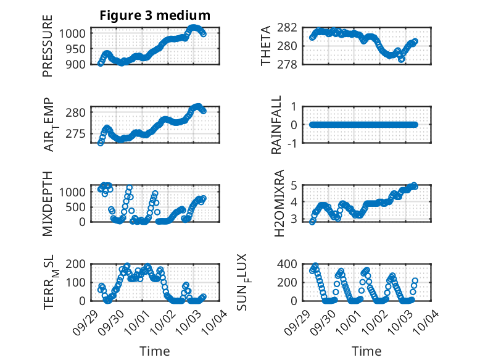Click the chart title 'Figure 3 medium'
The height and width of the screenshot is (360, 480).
click(x=155, y=15)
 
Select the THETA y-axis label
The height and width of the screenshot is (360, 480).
click(x=266, y=46)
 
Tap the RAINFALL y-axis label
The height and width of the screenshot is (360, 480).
click(x=276, y=125)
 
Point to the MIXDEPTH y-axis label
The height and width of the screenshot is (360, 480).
click(x=48, y=203)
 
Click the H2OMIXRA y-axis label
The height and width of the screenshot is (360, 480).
click(x=279, y=203)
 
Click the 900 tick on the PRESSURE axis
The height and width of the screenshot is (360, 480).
click(x=78, y=64)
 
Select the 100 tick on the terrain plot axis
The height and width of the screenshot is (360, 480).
click(x=78, y=282)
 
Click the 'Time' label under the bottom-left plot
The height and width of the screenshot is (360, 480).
click(x=155, y=351)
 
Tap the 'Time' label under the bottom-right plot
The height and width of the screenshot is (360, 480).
click(x=367, y=351)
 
